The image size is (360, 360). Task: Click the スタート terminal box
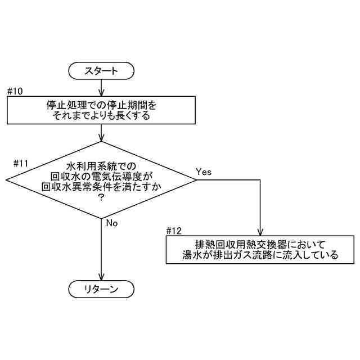pos(101,71)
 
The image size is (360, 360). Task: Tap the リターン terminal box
pos(101,289)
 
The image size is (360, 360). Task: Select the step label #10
pos(15,92)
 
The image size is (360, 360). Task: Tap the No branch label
pos(112,223)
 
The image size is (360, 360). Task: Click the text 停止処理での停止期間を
pos(101,105)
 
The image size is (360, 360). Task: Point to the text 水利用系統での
pos(101,166)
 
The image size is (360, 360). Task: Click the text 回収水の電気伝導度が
pos(101,177)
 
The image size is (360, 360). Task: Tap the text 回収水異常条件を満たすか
pos(101,188)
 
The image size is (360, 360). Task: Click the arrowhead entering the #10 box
pos(101,93)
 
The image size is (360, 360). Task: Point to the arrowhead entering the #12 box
pos(260,232)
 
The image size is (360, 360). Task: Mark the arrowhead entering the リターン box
pos(101,278)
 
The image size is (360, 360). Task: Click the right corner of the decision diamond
pos(196,180)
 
